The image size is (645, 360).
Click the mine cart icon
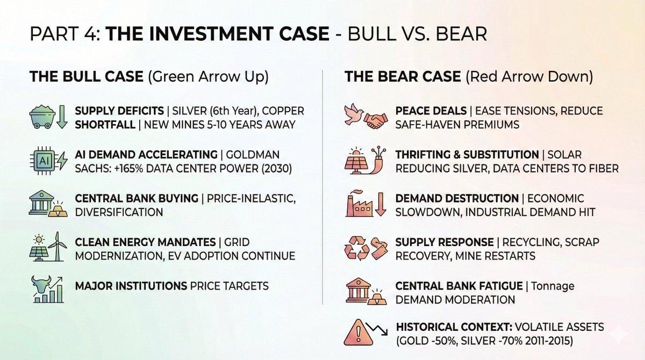point(42,117)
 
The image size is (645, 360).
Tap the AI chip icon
point(43,161)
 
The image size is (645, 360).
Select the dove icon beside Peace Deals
point(353,114)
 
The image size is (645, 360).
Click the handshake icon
point(376,120)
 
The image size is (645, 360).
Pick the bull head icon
point(41,285)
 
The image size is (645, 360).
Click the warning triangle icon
point(358,333)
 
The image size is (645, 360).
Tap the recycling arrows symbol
point(357,248)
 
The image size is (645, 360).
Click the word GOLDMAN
point(253,155)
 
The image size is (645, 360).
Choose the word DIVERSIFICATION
point(119,212)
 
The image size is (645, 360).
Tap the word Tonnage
point(553,286)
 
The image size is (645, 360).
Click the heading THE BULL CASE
point(87,76)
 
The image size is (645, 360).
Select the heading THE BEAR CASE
point(403,76)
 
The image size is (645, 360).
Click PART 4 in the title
point(65,34)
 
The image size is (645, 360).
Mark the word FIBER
point(603,168)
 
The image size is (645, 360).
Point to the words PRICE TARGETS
point(229,286)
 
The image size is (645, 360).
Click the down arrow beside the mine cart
point(62,117)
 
